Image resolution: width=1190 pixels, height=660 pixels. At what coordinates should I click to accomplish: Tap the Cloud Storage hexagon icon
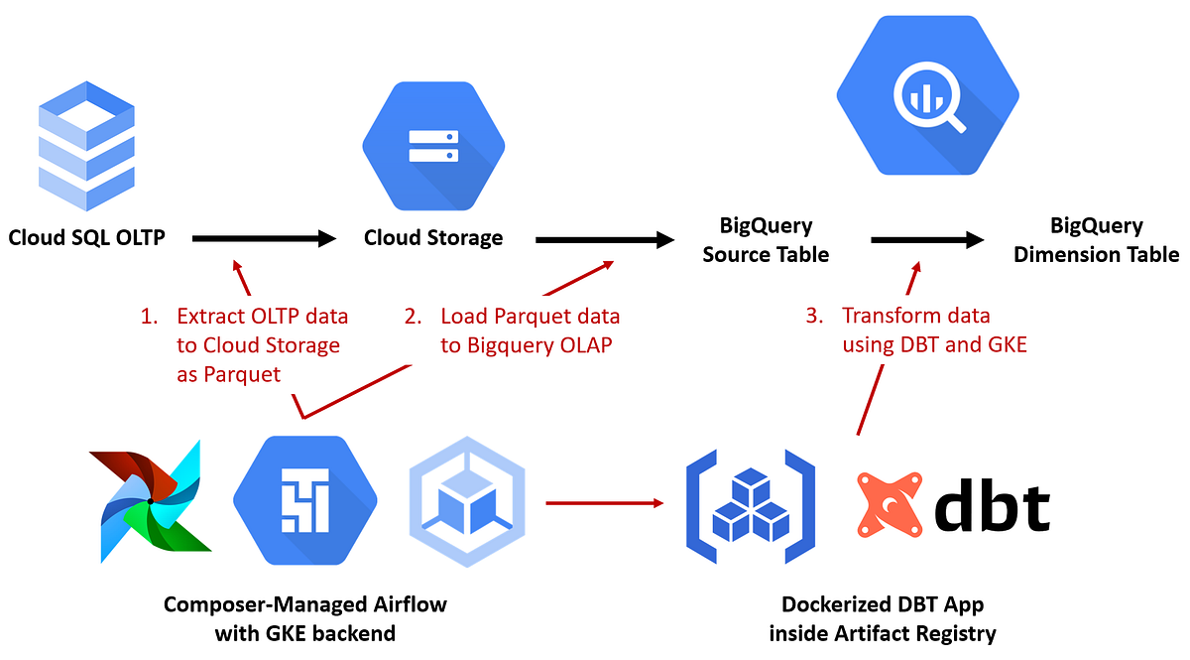432,146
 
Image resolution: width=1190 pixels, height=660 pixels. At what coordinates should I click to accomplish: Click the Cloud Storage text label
433,238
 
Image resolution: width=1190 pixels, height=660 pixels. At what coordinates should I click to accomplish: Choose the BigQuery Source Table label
766,240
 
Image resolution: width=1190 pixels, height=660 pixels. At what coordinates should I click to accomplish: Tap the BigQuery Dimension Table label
1096,240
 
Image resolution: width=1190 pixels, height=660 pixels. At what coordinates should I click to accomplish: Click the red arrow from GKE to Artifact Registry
606,502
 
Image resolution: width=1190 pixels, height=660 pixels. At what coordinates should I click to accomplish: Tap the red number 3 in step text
814,317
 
